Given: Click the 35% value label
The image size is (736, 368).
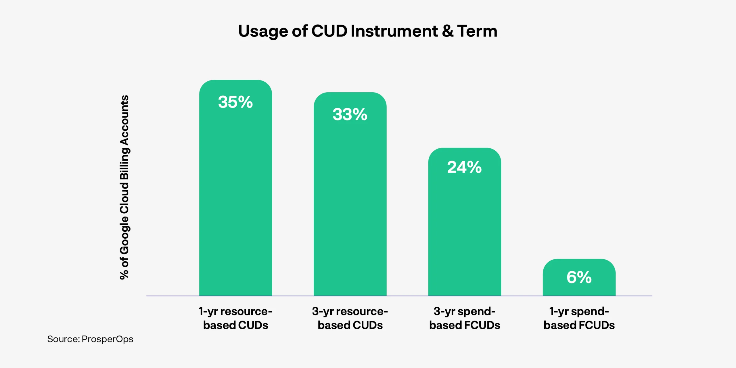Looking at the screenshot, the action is (235, 102).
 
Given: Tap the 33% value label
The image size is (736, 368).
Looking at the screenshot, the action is (350, 114).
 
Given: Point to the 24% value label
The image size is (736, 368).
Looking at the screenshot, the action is (464, 167).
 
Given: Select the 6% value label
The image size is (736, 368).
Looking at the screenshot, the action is (579, 277).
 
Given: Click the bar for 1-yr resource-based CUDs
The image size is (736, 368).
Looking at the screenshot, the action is (235, 188).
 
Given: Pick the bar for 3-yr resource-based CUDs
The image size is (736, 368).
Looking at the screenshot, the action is (350, 194).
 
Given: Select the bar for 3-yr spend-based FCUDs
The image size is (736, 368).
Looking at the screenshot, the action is (465, 222).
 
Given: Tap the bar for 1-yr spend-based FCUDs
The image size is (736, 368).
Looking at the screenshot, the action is (579, 277).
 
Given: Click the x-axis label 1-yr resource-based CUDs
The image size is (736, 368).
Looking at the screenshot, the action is (235, 318).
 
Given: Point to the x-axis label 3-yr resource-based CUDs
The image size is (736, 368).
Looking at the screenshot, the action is (350, 318).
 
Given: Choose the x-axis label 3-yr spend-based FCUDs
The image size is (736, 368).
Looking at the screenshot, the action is (465, 318).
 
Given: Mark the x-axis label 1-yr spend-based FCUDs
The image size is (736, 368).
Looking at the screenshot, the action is (579, 318).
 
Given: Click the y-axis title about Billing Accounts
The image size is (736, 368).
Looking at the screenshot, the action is (124, 187).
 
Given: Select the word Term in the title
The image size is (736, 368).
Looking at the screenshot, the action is (477, 31).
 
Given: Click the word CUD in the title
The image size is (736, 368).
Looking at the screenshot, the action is (329, 31).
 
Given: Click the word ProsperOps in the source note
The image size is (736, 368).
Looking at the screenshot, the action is (107, 340).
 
